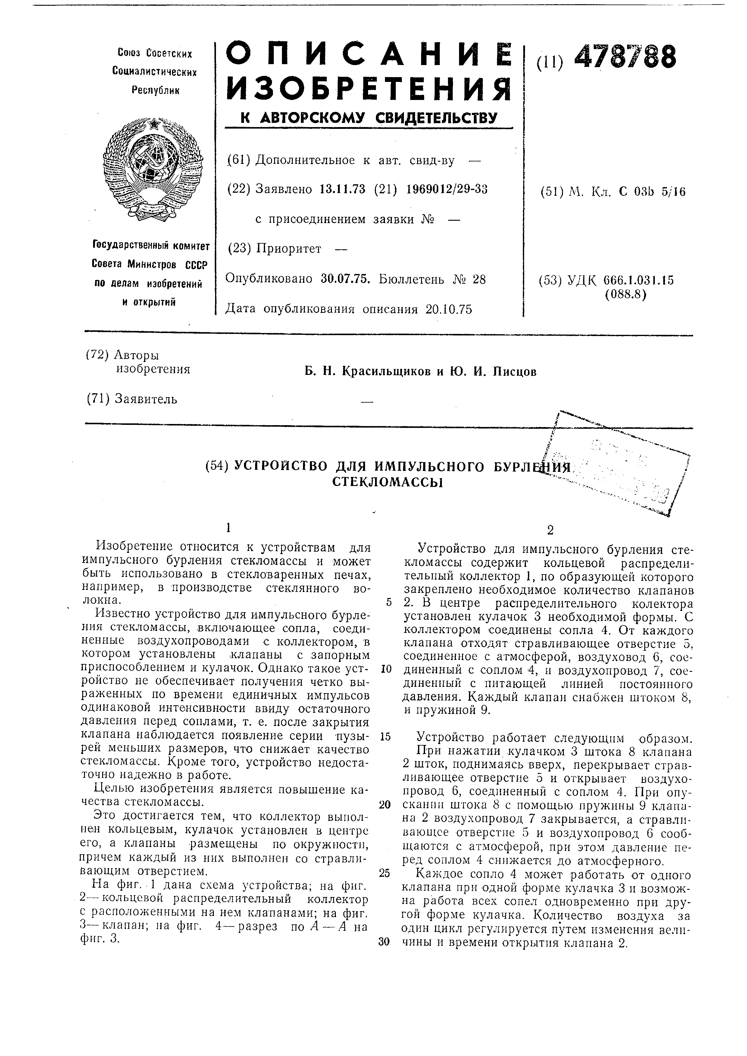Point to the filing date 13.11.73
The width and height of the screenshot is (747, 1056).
click(x=342, y=189)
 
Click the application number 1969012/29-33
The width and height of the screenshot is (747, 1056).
click(x=447, y=189)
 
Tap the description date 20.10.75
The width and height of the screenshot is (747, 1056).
click(x=449, y=309)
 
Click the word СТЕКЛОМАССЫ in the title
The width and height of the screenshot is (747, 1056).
click(x=387, y=482)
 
